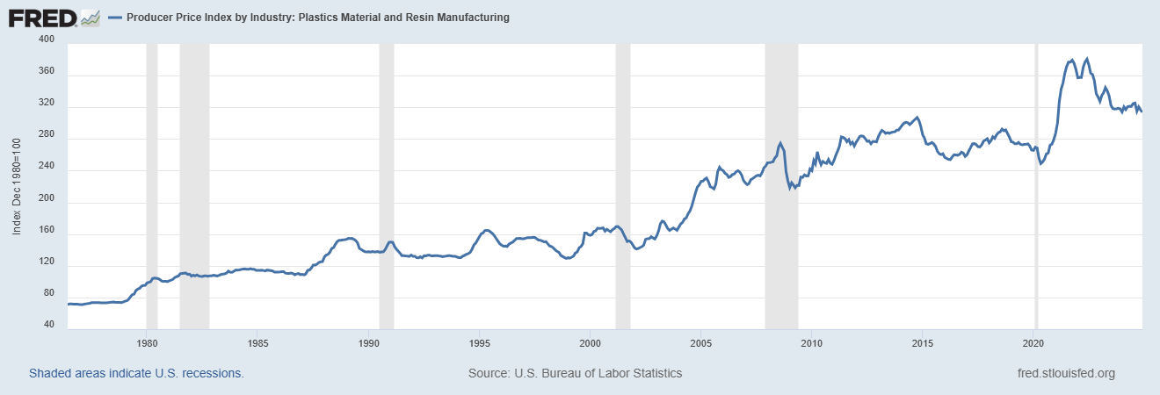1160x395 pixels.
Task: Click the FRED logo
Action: (54, 17)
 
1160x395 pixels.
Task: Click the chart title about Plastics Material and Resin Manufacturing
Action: (318, 18)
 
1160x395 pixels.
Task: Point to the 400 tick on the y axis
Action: (47, 40)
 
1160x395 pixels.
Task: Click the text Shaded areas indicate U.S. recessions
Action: (136, 373)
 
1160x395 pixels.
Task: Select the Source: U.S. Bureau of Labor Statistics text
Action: (576, 373)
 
